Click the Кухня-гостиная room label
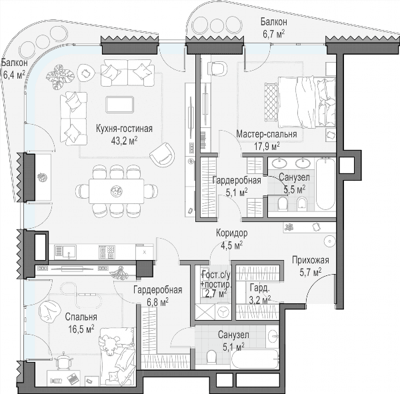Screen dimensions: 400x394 124,129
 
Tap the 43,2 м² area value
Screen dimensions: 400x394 124,140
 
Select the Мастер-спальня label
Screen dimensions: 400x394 267,134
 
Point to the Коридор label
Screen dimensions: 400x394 231,233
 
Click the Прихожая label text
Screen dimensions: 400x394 311,260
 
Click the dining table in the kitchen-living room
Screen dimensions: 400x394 117,191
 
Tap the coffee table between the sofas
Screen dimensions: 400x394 119,105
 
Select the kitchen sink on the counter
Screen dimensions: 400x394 65,252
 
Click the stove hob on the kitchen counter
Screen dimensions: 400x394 107,252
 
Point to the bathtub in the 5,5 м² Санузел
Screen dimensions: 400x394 325,184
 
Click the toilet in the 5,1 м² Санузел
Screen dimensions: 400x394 211,356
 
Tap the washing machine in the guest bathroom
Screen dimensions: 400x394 223,311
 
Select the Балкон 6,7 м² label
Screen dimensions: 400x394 274,28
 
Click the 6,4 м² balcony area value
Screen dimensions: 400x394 14,75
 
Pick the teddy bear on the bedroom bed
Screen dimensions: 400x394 109,345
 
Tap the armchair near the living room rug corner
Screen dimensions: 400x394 163,155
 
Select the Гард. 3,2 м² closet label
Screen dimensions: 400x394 260,294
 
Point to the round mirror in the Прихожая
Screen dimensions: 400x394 330,241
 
